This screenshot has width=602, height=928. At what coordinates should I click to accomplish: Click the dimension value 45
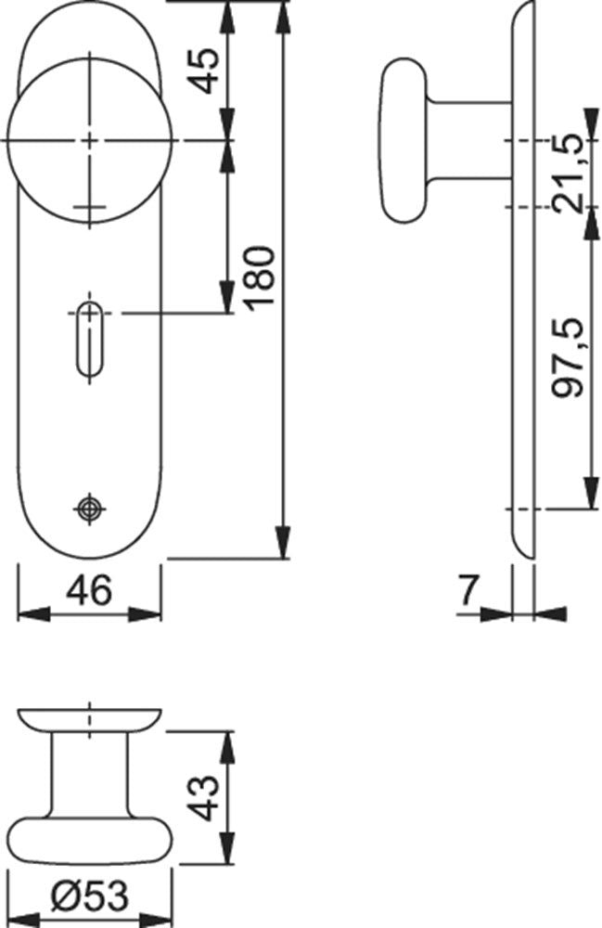point(206,71)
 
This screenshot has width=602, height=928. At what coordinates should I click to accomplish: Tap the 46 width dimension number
point(89,590)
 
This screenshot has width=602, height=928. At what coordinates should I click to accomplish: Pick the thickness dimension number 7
point(468,590)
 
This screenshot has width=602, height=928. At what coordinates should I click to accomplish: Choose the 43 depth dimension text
point(206,798)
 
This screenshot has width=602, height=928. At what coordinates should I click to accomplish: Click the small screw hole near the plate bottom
point(89,508)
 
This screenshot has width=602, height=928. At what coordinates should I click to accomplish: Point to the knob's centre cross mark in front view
point(90,141)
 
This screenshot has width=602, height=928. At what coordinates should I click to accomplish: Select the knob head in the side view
point(403,140)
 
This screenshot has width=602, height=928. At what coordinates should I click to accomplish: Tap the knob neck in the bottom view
point(89,775)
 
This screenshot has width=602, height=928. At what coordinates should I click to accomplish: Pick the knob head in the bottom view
point(90,841)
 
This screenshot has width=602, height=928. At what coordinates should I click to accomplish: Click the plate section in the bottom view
point(89,720)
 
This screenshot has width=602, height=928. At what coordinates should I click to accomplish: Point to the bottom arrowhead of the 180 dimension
point(284,542)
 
